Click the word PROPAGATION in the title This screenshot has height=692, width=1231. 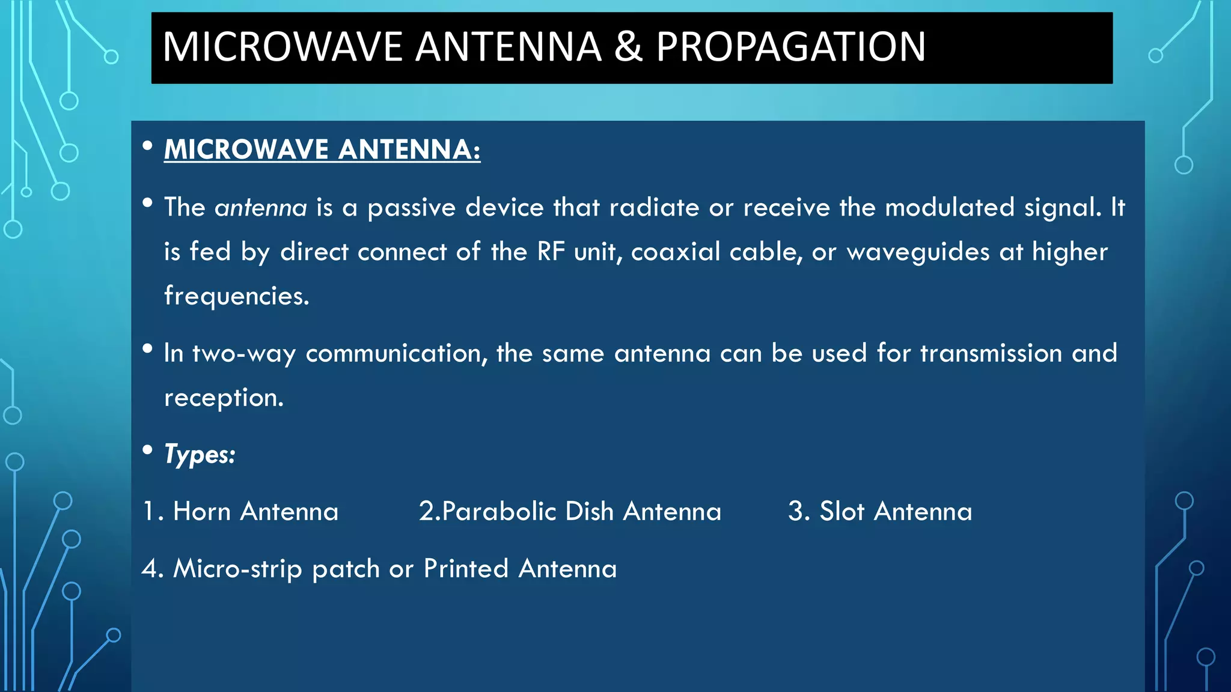coord(790,47)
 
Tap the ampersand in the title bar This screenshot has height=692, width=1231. coord(628,47)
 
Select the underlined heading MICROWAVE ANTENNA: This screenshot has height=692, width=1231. coord(322,150)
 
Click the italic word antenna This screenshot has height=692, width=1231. coord(261,208)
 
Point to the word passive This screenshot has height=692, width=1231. coord(412,208)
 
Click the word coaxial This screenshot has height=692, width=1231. coord(675,252)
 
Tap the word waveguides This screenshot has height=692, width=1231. coord(918,252)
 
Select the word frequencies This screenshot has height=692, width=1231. coord(237,296)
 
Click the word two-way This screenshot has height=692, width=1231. coord(243,353)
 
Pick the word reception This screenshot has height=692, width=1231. coord(224,398)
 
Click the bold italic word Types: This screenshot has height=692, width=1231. coord(200,455)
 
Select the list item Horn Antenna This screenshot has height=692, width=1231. coord(255,512)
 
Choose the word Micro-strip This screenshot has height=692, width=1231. coord(237,569)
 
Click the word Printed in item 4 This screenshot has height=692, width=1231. coord(466,569)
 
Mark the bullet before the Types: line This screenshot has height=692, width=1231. coord(147,449)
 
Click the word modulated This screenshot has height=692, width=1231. coord(950,208)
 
